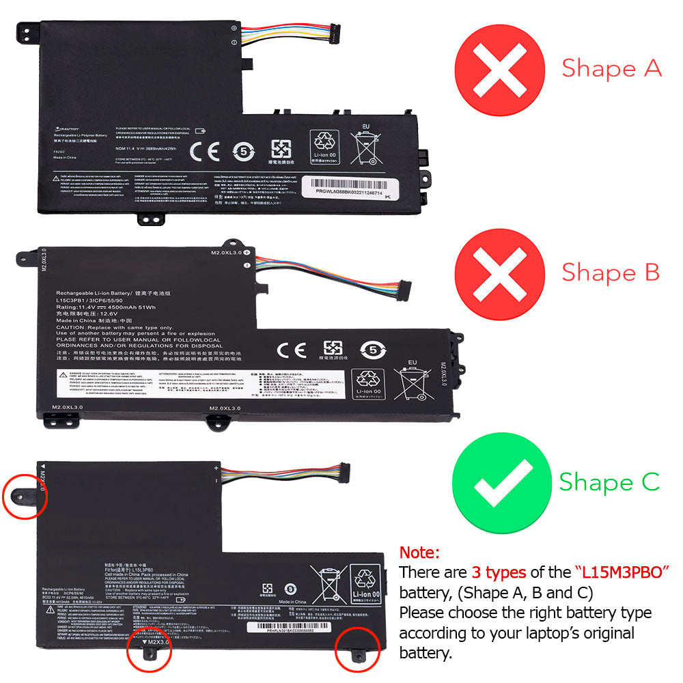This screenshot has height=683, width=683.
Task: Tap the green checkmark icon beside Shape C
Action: pos(502,482)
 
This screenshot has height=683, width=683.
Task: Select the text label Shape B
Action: pos(611,272)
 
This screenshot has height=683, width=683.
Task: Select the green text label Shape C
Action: pos(609,482)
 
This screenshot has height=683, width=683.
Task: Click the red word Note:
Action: pos(419,552)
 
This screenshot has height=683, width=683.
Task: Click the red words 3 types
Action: pos(498,572)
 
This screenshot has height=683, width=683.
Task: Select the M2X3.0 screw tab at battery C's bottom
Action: pos(150,651)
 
